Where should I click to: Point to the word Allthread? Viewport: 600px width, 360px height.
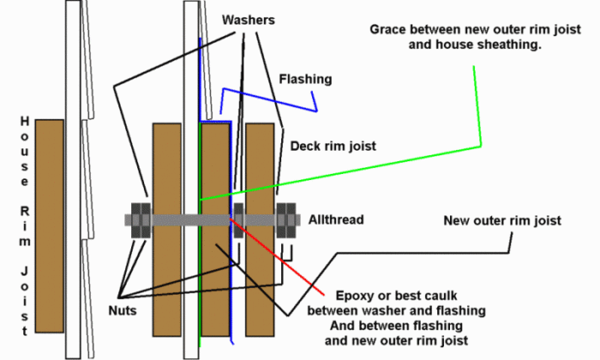pyautogui.click(x=336, y=220)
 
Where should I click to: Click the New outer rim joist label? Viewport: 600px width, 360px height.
pyautogui.click(x=502, y=220)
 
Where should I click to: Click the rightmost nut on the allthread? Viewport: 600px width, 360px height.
pyautogui.click(x=291, y=219)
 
